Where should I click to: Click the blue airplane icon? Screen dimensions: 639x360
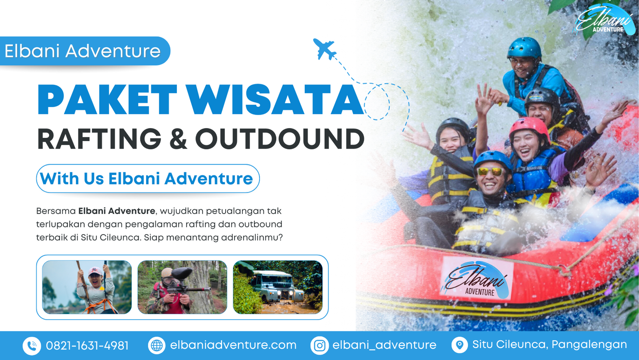(325, 49)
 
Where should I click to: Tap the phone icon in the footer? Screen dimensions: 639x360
(32, 346)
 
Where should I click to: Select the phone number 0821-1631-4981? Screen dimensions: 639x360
(87, 346)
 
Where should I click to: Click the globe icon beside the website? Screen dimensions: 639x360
(157, 346)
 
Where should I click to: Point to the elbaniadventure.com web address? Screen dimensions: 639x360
(233, 345)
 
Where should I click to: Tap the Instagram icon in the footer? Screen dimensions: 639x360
(319, 346)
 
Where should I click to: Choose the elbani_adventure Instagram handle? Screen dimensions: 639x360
(384, 345)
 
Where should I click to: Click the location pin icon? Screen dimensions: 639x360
(460, 345)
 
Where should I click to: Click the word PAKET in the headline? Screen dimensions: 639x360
(107, 100)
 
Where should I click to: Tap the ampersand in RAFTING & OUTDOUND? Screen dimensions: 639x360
(178, 139)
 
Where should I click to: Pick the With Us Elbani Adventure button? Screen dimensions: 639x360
(148, 179)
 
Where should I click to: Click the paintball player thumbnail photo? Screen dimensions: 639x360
(182, 287)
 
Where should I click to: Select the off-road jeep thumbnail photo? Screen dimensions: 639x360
(278, 287)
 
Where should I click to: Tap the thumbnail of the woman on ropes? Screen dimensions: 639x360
(87, 287)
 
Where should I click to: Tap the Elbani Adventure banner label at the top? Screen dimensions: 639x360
(83, 51)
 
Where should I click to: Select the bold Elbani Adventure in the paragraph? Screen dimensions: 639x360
(117, 211)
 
